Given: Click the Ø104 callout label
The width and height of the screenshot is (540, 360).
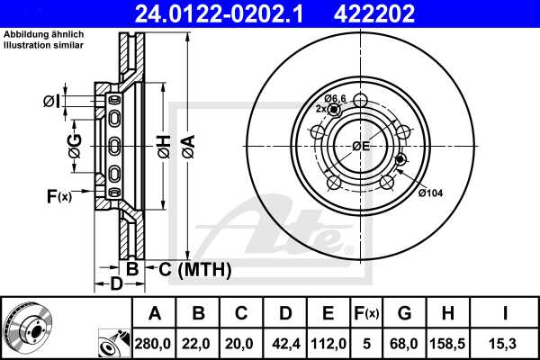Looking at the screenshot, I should pyautogui.click(x=431, y=193).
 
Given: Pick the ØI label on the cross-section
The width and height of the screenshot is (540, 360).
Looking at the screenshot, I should pyautogui.click(x=53, y=101).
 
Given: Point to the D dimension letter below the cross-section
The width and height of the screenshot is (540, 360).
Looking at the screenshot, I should pyautogui.click(x=116, y=284).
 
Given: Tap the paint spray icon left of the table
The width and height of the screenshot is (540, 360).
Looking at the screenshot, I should pyautogui.click(x=112, y=342).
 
